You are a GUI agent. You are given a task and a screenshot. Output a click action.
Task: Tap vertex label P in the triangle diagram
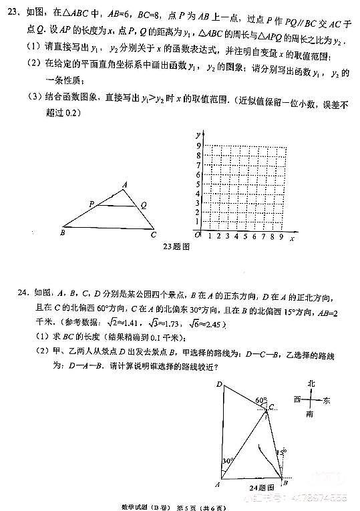tap(92, 204)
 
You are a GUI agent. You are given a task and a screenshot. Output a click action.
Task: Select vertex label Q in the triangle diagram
tap(144, 205)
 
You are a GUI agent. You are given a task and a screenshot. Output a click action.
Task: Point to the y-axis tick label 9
tap(198, 145)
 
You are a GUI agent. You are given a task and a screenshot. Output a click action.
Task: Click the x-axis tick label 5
tap(246, 236)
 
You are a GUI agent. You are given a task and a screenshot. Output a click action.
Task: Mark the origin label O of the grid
tap(198, 236)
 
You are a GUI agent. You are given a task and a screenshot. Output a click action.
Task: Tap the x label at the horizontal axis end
tap(293, 237)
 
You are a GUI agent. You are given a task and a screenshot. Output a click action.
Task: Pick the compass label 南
tap(310, 414)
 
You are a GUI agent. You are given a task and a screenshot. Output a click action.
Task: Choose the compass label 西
tap(297, 399)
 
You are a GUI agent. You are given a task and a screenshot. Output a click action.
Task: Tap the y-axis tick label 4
tap(198, 192)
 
